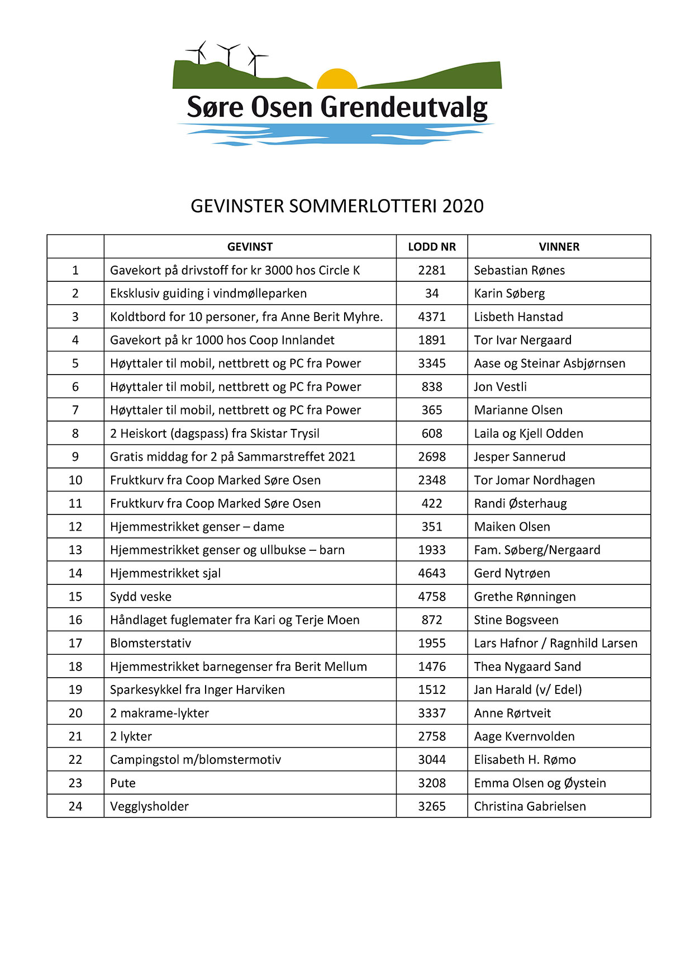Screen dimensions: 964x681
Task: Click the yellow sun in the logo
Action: coord(337,80)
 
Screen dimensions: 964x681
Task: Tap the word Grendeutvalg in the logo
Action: coord(404,107)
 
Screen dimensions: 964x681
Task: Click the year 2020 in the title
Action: coord(463,206)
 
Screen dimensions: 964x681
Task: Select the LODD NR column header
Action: coord(432,247)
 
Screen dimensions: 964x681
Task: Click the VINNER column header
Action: coord(559,247)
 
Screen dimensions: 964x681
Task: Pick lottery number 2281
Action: coord(432,270)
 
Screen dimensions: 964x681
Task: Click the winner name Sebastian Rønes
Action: coord(519,270)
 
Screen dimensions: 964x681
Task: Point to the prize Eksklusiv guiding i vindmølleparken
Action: coord(208,294)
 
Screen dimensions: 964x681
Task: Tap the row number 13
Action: coord(75,550)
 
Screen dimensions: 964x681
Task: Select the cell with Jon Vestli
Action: coord(500,386)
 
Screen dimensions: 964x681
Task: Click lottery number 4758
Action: coord(432,597)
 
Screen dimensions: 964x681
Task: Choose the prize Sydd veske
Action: coord(141,597)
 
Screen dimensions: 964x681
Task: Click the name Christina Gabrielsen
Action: coord(530,806)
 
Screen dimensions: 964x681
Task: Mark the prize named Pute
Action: coord(123,783)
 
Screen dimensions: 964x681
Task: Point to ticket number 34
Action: coord(432,294)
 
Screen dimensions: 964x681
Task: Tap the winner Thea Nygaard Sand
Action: coord(527,667)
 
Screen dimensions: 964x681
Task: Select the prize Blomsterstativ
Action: coord(150,643)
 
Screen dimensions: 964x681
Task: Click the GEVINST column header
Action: coord(250,247)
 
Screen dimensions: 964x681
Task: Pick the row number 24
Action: coord(75,806)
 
